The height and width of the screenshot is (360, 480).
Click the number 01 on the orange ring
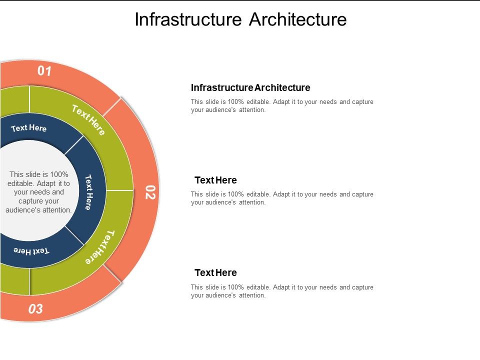44,71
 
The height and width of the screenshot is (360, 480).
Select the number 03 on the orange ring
35,309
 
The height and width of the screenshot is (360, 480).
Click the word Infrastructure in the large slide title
188,19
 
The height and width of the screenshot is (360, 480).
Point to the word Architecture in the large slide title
297,19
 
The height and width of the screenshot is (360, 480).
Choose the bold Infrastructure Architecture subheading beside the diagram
250,88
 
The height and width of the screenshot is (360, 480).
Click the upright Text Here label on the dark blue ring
29,128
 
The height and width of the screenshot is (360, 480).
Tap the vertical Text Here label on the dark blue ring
88,192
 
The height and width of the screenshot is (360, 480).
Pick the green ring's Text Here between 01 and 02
88,120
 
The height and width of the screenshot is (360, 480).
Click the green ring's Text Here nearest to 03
100,247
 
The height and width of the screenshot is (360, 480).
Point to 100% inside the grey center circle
59,174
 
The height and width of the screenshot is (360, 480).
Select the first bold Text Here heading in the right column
215,180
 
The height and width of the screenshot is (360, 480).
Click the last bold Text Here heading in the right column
215,273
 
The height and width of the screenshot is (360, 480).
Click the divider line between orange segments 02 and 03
112,273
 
